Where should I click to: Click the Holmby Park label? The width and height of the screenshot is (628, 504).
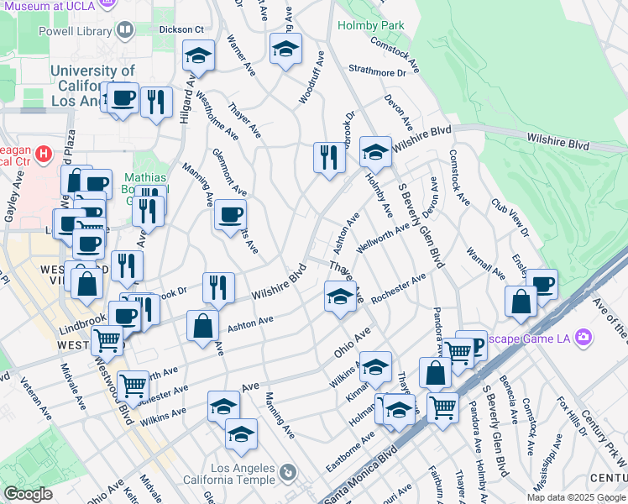(370, 25)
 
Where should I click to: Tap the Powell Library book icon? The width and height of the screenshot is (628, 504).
(125, 31)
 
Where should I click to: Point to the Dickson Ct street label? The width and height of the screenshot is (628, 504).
(182, 29)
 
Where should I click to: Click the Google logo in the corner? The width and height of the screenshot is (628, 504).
(28, 494)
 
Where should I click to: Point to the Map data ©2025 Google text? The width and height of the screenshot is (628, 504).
(576, 497)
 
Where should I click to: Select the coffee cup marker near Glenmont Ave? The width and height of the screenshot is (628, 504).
(229, 215)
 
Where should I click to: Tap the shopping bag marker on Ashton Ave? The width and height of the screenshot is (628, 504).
(202, 326)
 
